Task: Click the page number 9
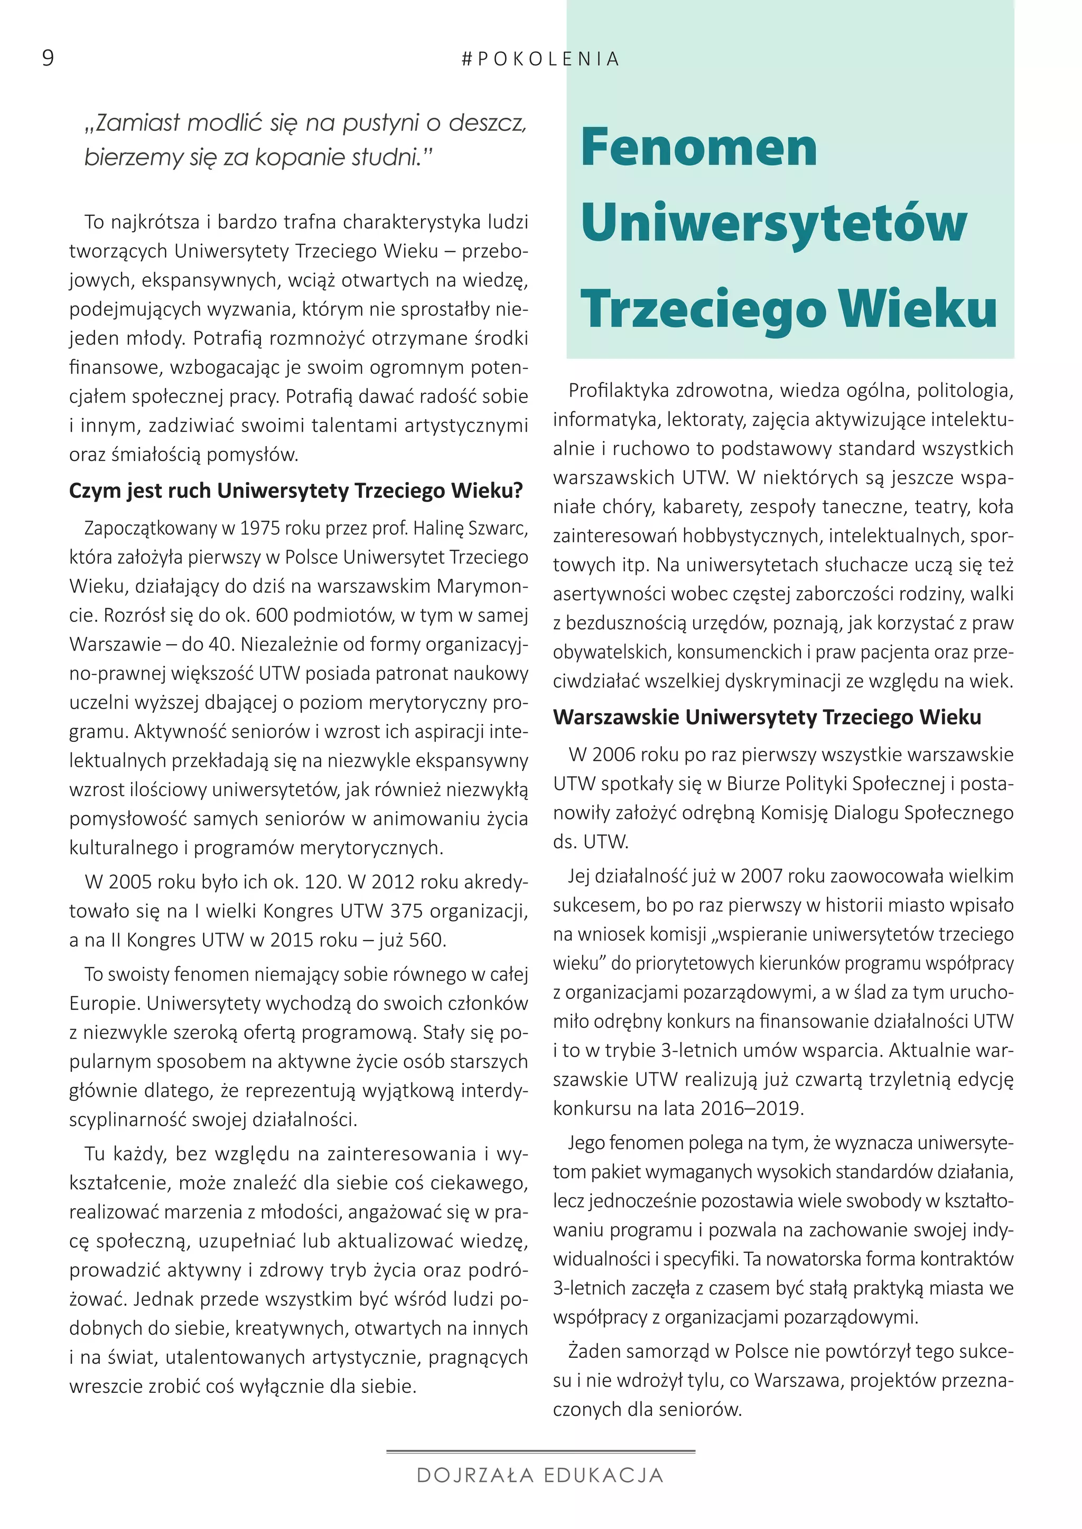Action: pyautogui.click(x=48, y=59)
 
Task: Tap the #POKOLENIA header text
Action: pyautogui.click(x=540, y=59)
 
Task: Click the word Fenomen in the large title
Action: pyautogui.click(x=698, y=147)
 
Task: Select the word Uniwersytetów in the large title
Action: pyautogui.click(x=773, y=223)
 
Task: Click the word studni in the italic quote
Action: pyautogui.click(x=389, y=157)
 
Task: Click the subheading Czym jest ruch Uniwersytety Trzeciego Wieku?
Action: pyautogui.click(x=296, y=491)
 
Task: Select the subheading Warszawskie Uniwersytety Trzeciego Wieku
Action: pyautogui.click(x=767, y=717)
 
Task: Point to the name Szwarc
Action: pyautogui.click(x=498, y=528)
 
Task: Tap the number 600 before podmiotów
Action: pyautogui.click(x=273, y=615)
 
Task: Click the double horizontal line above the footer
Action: pyautogui.click(x=540, y=1450)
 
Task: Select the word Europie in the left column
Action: pyautogui.click(x=105, y=1003)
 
